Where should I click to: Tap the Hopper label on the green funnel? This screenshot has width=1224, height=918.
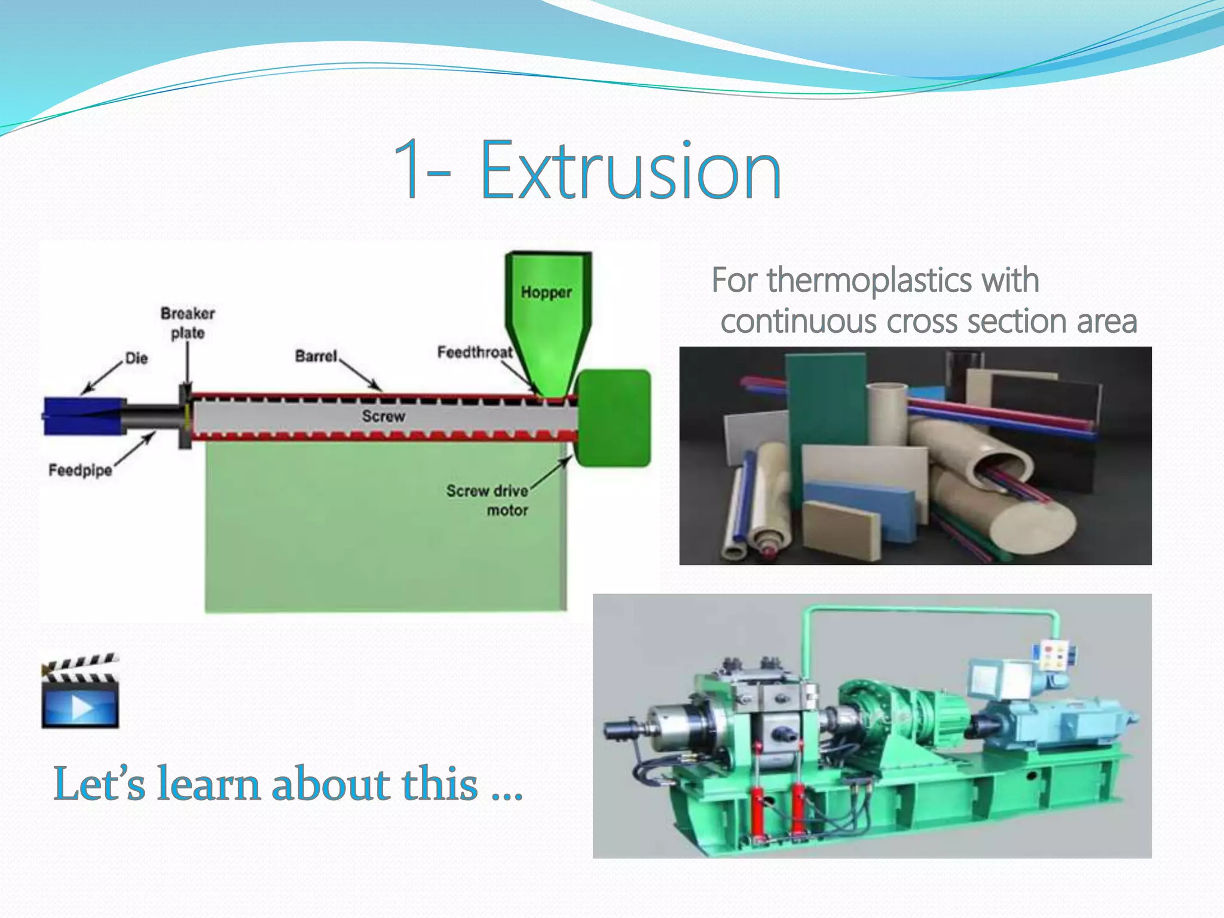[546, 292]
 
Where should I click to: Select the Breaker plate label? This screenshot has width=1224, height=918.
[188, 323]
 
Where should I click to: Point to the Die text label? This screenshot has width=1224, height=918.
[136, 358]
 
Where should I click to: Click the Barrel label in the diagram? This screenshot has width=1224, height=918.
[316, 356]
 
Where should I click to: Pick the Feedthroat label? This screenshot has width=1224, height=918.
[475, 352]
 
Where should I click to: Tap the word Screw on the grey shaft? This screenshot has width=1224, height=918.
[383, 416]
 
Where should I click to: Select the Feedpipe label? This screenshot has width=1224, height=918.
[80, 470]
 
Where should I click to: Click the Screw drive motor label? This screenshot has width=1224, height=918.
[488, 500]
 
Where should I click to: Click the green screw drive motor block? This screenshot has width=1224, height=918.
[614, 418]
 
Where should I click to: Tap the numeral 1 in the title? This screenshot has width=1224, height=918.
[408, 170]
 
